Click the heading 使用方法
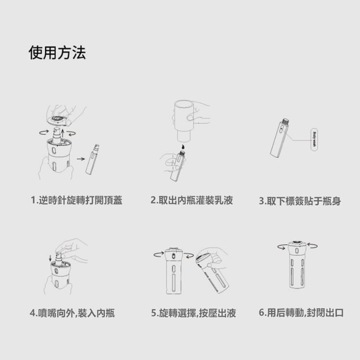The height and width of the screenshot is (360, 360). [57, 53]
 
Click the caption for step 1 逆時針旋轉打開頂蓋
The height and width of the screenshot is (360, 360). [77, 200]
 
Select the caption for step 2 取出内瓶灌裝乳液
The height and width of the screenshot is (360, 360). [192, 200]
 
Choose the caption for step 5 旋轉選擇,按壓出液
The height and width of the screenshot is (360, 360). [193, 314]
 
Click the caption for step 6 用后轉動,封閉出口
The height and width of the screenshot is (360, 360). [301, 314]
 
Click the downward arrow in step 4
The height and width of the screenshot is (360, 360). [50, 260]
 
